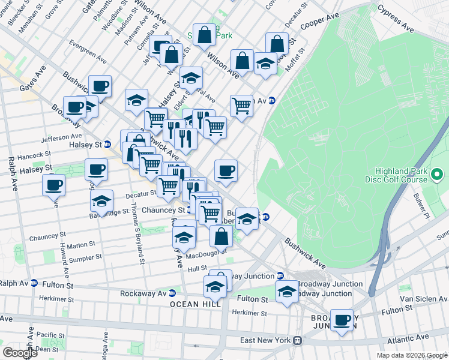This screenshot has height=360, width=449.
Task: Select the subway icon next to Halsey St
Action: point(107,144)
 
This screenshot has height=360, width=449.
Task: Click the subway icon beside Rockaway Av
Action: point(172,293)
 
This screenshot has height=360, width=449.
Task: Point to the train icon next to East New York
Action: point(297,340)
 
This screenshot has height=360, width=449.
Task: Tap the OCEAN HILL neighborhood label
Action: point(195,305)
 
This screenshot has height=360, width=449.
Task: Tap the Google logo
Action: point(20,353)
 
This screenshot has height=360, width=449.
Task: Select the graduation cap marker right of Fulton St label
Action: point(287,292)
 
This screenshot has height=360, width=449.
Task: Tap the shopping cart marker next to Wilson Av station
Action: point(241,105)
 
